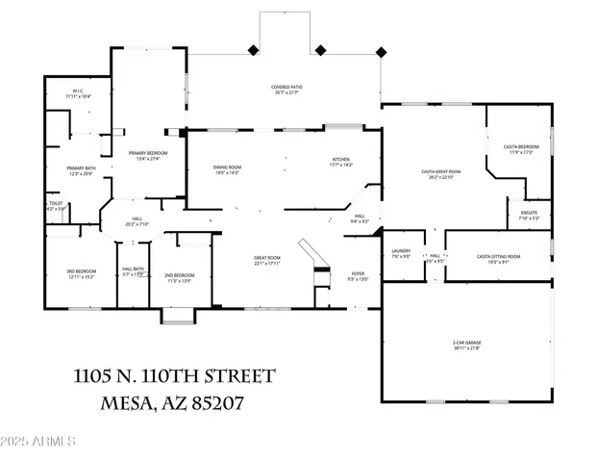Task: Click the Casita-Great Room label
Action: pos(440,174)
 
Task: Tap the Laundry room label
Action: pos(401,254)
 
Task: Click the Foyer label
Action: pos(358,276)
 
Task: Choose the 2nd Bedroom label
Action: pos(180,276)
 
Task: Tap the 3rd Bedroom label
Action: pos(80,274)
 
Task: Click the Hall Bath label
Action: pos(133,271)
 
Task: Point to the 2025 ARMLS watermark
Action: pos(38,442)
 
